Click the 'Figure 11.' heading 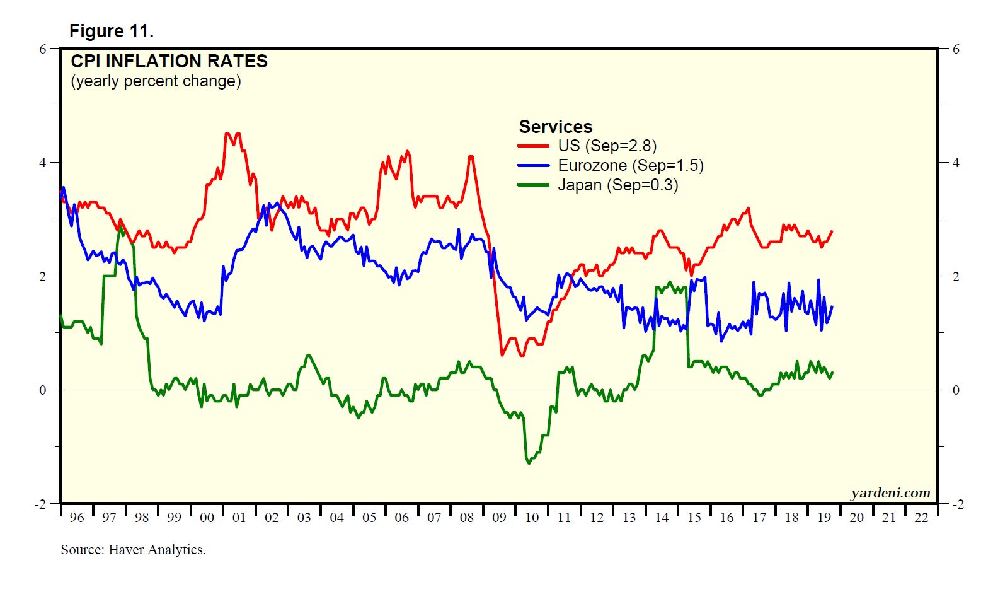click(112, 31)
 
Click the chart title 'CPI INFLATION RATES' click(169, 61)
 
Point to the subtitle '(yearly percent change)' click(156, 81)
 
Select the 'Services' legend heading click(555, 127)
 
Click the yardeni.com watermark click(890, 493)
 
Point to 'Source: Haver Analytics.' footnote click(133, 550)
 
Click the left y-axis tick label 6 click(43, 49)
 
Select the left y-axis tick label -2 click(40, 504)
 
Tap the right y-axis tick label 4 click(956, 163)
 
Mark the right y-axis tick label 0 click(956, 390)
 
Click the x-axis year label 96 click(77, 518)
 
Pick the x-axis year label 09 click(499, 518)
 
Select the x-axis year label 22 click(921, 518)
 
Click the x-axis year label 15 click(694, 518)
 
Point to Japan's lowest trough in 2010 click(528, 463)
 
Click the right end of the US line click(832, 231)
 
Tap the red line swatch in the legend click(533, 146)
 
